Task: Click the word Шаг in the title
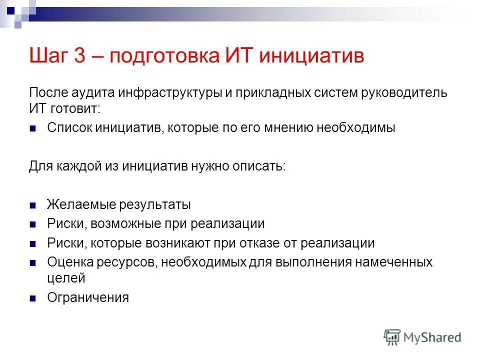coord(49,56)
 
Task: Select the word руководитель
coord(403,93)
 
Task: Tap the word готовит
coord(76,108)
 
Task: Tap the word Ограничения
coord(88,297)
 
